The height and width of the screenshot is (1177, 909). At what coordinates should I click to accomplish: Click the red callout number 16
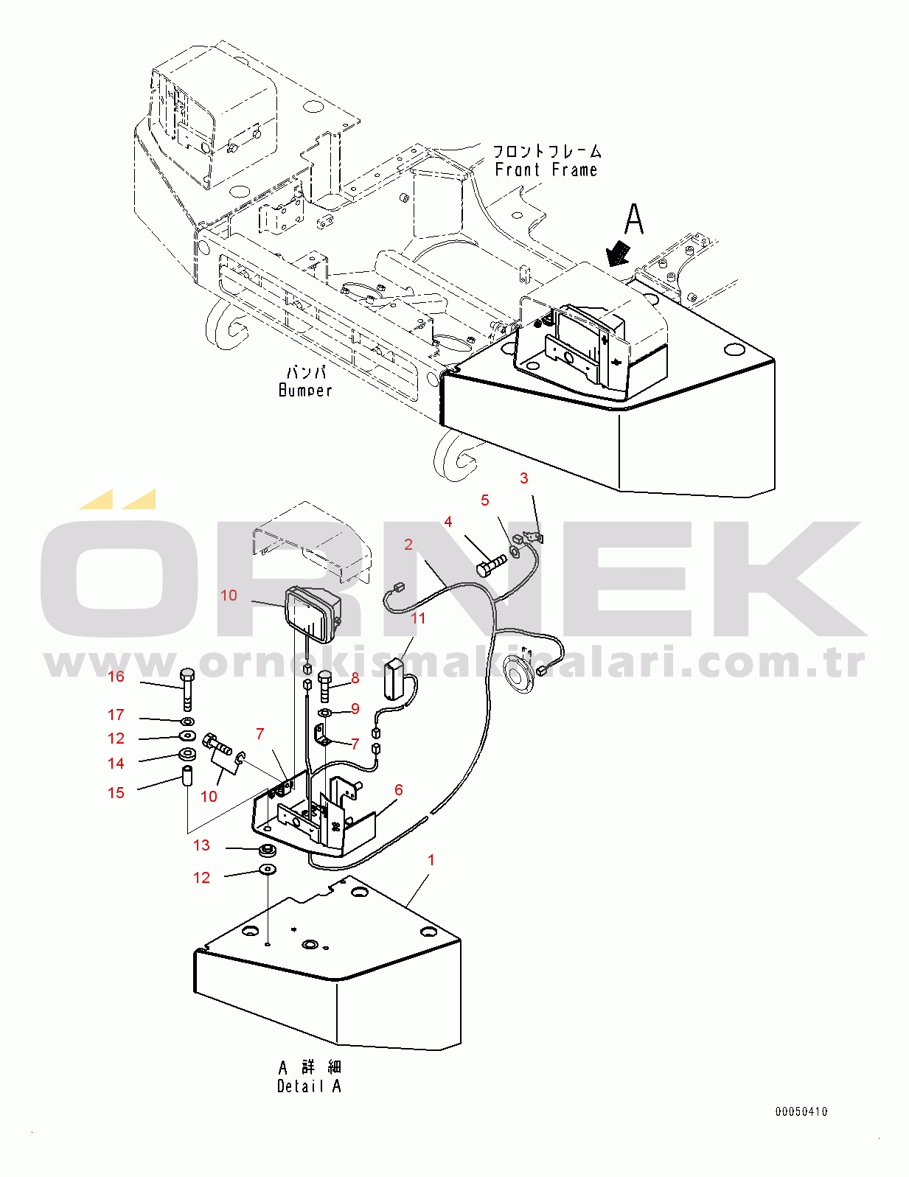pyautogui.click(x=116, y=677)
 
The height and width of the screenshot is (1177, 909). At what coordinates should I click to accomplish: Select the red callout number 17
pyautogui.click(x=116, y=715)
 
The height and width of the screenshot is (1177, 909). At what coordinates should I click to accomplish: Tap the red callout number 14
pyautogui.click(x=116, y=764)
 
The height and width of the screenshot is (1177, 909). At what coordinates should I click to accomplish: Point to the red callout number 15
pyautogui.click(x=116, y=793)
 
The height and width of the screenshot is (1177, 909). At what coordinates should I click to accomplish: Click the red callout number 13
pyautogui.click(x=201, y=845)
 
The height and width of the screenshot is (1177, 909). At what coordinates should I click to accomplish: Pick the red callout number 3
pyautogui.click(x=524, y=478)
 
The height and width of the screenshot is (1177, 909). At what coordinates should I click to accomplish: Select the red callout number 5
pyautogui.click(x=485, y=500)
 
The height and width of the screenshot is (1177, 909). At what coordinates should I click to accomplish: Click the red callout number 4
pyautogui.click(x=448, y=522)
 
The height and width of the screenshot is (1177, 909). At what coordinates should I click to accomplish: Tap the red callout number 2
pyautogui.click(x=408, y=545)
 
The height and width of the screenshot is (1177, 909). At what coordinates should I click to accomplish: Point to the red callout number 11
pyautogui.click(x=418, y=618)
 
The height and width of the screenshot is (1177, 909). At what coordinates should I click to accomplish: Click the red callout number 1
pyautogui.click(x=431, y=859)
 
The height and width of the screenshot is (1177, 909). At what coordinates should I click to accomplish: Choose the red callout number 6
pyautogui.click(x=399, y=790)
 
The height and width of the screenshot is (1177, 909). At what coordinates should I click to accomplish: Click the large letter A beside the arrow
pyautogui.click(x=634, y=220)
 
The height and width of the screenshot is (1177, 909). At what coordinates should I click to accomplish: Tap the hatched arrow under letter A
pyautogui.click(x=619, y=254)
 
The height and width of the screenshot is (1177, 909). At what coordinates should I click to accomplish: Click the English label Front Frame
pyautogui.click(x=546, y=170)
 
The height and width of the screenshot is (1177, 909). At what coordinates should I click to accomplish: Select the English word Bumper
pyautogui.click(x=305, y=390)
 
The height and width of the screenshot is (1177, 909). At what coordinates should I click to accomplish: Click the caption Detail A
pyautogui.click(x=309, y=1086)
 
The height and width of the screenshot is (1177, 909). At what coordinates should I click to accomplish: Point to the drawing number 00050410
pyautogui.click(x=801, y=1111)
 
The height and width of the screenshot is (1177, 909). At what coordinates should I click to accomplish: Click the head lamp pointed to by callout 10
pyautogui.click(x=313, y=614)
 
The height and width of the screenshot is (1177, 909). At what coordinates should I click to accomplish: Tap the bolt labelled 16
pyautogui.click(x=186, y=689)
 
